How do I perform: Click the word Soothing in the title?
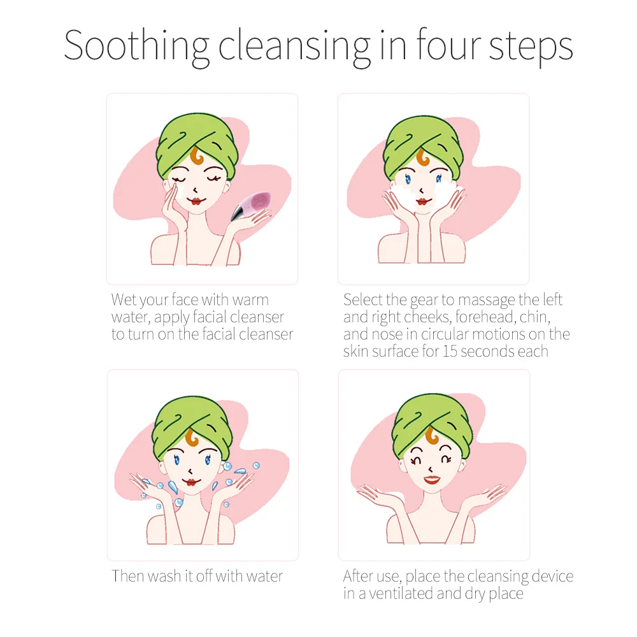click(x=136, y=45)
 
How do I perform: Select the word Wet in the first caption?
click(x=123, y=299)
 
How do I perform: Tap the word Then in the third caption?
click(x=128, y=576)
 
